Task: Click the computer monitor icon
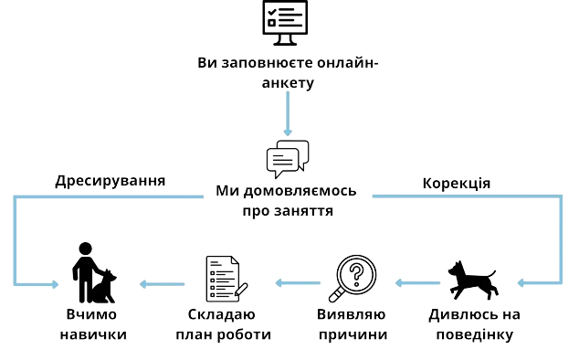285,23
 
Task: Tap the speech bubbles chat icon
288,159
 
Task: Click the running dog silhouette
473,280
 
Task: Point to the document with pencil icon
226,279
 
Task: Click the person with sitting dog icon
94,273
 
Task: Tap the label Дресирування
110,181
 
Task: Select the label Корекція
457,184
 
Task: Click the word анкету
288,83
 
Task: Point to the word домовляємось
300,191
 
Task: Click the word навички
93,334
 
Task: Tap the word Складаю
222,314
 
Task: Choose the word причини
353,334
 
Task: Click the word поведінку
475,334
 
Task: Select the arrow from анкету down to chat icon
288,113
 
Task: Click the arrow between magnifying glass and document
298,283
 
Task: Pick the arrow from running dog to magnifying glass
417,283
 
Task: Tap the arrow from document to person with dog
163,284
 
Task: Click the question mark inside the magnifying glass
357,274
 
